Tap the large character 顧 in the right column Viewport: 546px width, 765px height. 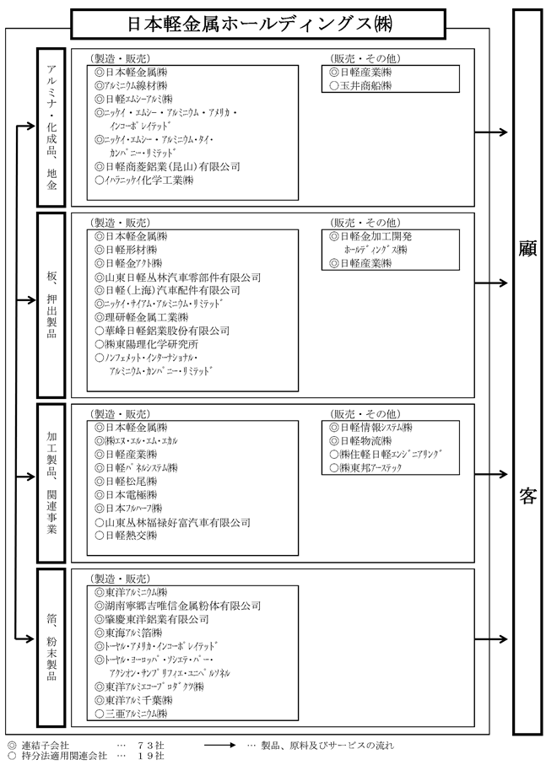point(528,250)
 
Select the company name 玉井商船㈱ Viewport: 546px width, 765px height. point(368,85)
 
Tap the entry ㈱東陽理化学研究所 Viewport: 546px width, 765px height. point(147,344)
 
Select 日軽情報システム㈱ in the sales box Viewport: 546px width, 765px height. point(370,428)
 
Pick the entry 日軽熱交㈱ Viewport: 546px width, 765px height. point(131,535)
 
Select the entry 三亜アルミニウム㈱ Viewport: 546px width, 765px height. point(136,714)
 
